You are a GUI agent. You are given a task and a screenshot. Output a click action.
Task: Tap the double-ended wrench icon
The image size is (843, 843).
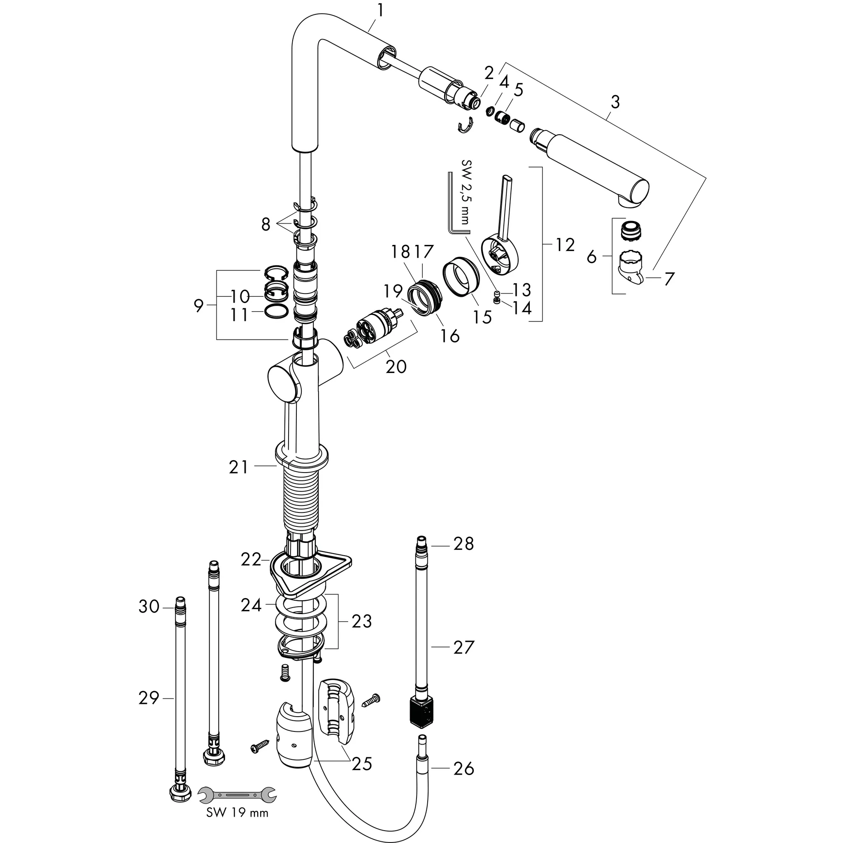pyautogui.click(x=237, y=795)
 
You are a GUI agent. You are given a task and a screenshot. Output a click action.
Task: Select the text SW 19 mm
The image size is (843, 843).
pyautogui.click(x=237, y=813)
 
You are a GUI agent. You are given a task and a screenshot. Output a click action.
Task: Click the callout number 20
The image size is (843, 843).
pyautogui.click(x=396, y=366)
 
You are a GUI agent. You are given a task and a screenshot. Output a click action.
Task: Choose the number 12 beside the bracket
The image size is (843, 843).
pyautogui.click(x=565, y=245)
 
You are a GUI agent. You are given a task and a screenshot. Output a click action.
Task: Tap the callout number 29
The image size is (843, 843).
pyautogui.click(x=149, y=698)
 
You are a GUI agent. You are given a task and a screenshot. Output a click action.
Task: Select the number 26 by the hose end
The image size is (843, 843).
pyautogui.click(x=463, y=768)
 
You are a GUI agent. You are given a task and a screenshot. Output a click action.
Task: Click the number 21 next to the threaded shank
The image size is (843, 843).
pyautogui.click(x=239, y=467)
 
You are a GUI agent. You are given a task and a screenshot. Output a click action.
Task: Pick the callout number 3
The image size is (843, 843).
pyautogui.click(x=615, y=102)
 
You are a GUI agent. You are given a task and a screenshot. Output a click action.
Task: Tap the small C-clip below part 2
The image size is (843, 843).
pyautogui.click(x=466, y=126)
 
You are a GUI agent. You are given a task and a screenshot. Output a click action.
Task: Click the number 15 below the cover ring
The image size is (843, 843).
pyautogui.click(x=482, y=317)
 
